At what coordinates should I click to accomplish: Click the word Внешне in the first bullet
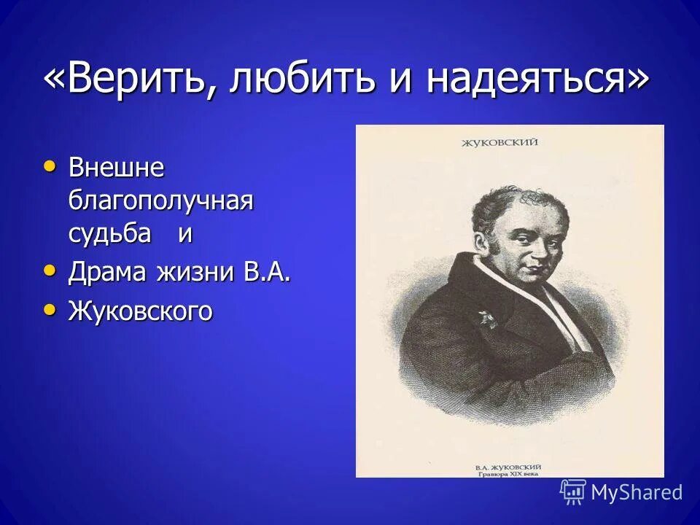[x=116, y=168]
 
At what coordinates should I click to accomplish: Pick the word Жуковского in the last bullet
[x=141, y=311]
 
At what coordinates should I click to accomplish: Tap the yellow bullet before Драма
[x=50, y=271]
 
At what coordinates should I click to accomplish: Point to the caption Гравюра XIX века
[x=509, y=472]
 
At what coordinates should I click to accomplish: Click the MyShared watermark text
[x=637, y=492]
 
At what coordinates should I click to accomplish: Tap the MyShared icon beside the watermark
[x=573, y=492]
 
